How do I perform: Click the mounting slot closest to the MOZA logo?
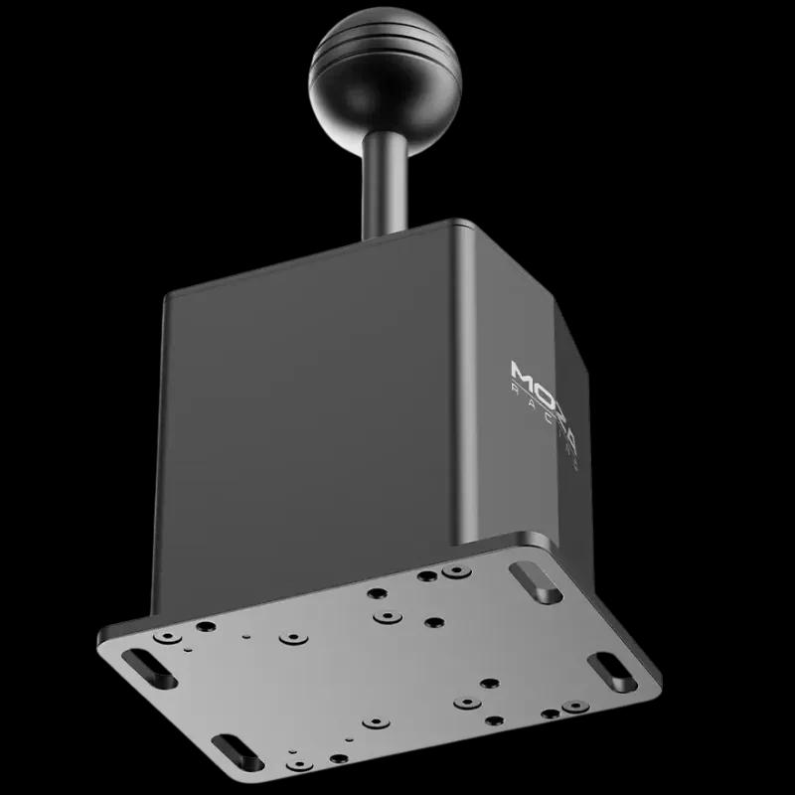coord(536,580)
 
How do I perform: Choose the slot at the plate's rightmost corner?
coord(605,665)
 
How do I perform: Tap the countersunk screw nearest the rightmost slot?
coord(573,707)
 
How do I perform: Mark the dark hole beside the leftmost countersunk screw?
coord(206,627)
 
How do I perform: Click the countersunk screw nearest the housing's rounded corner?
coord(456,573)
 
